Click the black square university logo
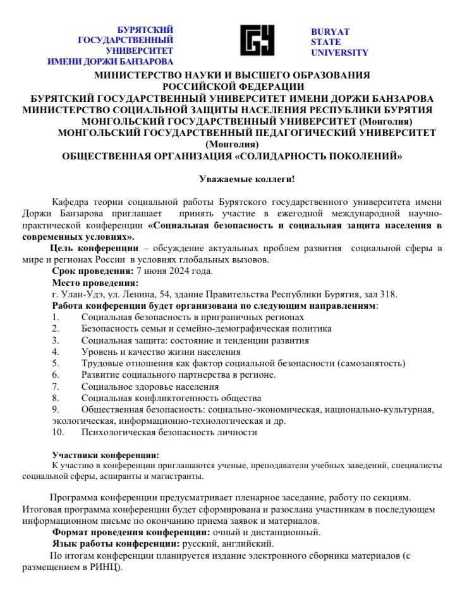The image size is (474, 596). tap(258, 41)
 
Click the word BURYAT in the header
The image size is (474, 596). tap(330, 32)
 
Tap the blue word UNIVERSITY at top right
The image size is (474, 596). tap(339, 53)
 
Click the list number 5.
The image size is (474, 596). tap(56, 363)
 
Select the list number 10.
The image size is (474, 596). tap(58, 432)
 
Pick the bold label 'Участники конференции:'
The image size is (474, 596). tap(106, 455)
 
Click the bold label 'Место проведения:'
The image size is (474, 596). tap(95, 283)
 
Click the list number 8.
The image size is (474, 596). tap(56, 398)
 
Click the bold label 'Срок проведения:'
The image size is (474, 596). tap(93, 271)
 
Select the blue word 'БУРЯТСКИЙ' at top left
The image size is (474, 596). tap(145, 30)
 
